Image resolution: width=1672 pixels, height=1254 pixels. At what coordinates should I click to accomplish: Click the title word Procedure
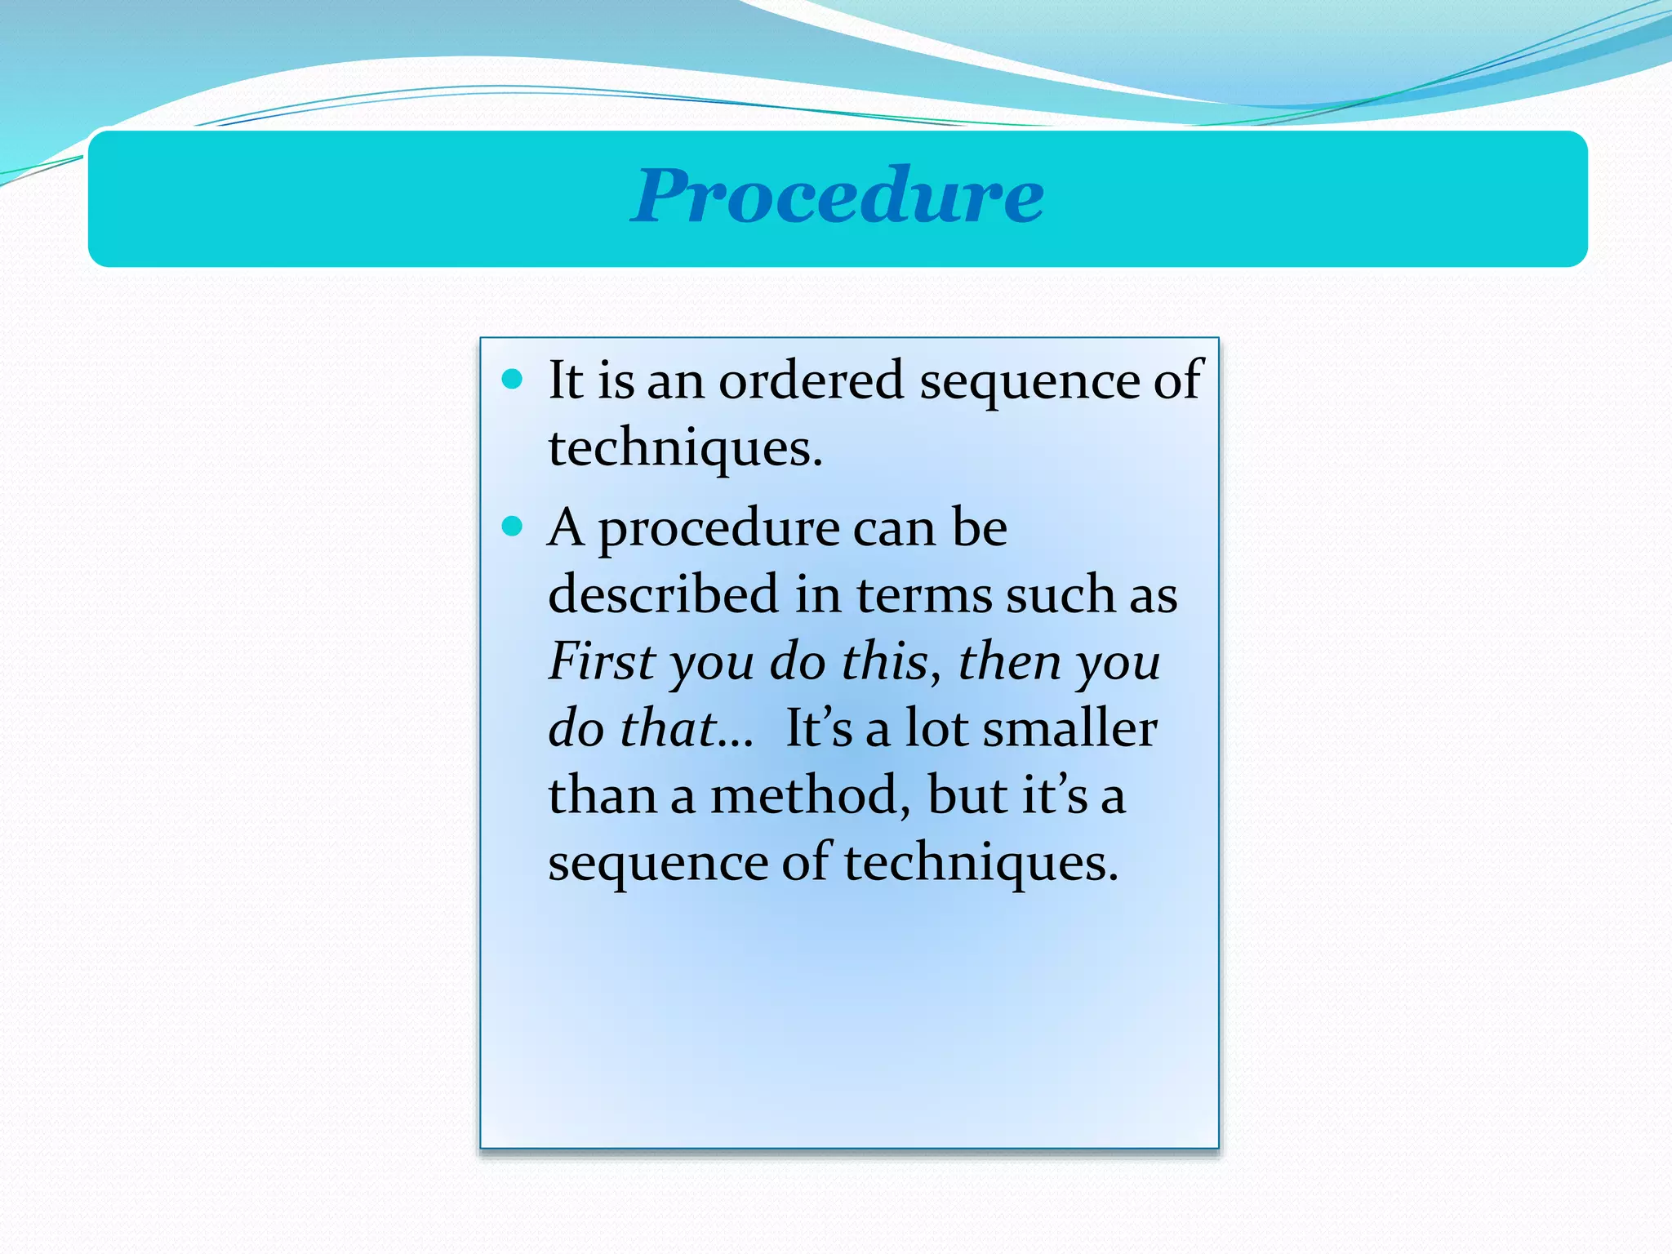pyautogui.click(x=837, y=196)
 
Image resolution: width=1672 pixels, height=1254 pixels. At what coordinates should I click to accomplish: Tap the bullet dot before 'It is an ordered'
pyautogui.click(x=512, y=379)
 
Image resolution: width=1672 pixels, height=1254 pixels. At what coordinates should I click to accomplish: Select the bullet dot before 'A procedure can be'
pyautogui.click(x=512, y=527)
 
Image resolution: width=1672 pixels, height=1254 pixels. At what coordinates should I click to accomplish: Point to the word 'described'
pyautogui.click(x=663, y=594)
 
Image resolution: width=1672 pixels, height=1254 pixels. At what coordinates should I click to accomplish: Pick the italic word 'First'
pyautogui.click(x=603, y=660)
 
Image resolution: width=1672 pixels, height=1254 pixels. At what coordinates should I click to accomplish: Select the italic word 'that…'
pyautogui.click(x=686, y=727)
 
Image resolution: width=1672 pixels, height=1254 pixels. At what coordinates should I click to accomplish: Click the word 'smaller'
pyautogui.click(x=1069, y=727)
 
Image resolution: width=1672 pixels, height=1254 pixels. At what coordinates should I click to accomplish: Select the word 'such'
pyautogui.click(x=1060, y=594)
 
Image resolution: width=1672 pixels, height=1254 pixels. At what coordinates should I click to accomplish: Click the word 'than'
pyautogui.click(x=603, y=794)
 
